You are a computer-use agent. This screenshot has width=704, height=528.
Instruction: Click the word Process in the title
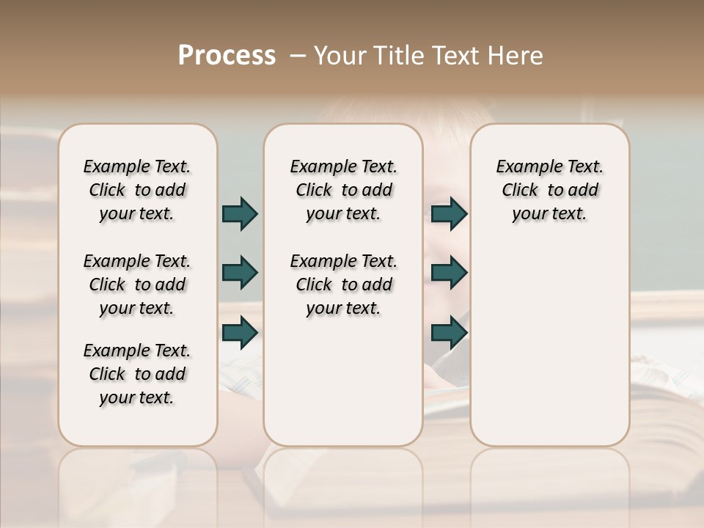[227, 56]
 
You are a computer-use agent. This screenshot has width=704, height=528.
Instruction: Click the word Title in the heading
[399, 56]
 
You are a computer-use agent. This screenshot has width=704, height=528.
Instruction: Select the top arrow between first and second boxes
[240, 213]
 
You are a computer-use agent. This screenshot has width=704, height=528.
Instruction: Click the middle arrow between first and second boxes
[240, 273]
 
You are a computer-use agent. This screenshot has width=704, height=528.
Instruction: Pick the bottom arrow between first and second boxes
[240, 332]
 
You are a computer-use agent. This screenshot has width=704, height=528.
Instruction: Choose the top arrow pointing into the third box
[449, 213]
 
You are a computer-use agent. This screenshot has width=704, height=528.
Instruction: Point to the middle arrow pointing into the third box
[449, 273]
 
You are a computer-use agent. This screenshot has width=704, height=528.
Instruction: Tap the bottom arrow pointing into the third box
[449, 332]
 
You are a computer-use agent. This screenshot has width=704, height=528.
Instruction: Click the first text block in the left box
[137, 190]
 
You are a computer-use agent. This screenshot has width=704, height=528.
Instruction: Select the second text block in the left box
[137, 285]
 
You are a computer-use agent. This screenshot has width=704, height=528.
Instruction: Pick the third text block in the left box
[137, 374]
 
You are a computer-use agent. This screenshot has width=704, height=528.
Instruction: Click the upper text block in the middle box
[343, 190]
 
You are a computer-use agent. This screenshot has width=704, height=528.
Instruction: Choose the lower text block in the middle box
[343, 285]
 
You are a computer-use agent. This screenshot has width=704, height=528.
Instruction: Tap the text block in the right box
[549, 190]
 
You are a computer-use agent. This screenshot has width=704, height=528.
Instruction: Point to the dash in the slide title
[298, 56]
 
